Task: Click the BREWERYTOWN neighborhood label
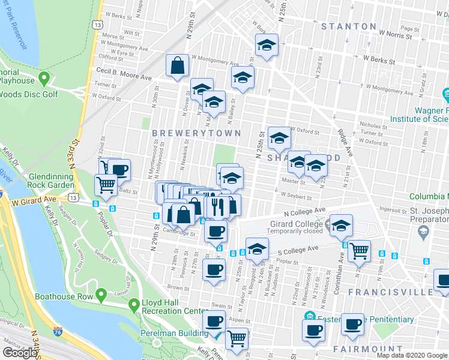(x=196, y=133)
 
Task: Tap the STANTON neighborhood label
(x=349, y=26)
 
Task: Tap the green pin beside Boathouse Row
(x=101, y=295)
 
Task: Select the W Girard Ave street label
(x=35, y=202)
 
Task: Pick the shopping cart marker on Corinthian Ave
(x=359, y=251)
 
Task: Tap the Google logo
(x=20, y=353)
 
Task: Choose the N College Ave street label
(x=304, y=211)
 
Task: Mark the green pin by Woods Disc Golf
(x=43, y=79)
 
